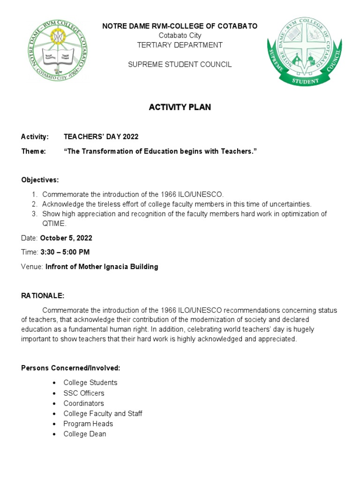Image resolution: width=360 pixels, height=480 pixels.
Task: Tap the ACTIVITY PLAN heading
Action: click(x=180, y=107)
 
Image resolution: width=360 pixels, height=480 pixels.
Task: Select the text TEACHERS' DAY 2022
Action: click(x=101, y=136)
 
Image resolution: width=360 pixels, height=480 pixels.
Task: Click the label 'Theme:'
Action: click(x=33, y=151)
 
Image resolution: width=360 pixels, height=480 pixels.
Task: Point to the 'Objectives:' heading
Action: click(x=40, y=180)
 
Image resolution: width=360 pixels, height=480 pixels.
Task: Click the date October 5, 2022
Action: click(x=67, y=238)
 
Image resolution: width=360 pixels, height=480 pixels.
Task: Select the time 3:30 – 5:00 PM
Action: click(x=65, y=252)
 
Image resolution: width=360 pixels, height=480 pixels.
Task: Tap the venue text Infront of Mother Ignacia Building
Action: click(x=101, y=267)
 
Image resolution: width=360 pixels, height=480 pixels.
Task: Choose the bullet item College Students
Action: click(x=90, y=382)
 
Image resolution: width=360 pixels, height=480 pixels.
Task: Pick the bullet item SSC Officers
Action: click(x=84, y=393)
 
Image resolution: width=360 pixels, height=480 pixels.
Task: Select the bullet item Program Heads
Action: click(x=88, y=424)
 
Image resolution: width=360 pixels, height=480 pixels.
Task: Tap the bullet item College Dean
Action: click(x=85, y=434)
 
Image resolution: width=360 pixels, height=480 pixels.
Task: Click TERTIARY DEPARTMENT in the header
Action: click(x=180, y=45)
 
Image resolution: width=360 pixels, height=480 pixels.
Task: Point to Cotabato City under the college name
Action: click(x=180, y=36)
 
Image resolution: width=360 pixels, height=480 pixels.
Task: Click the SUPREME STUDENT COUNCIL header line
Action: click(x=180, y=64)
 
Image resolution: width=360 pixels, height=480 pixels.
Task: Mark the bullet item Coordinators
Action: click(x=84, y=403)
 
